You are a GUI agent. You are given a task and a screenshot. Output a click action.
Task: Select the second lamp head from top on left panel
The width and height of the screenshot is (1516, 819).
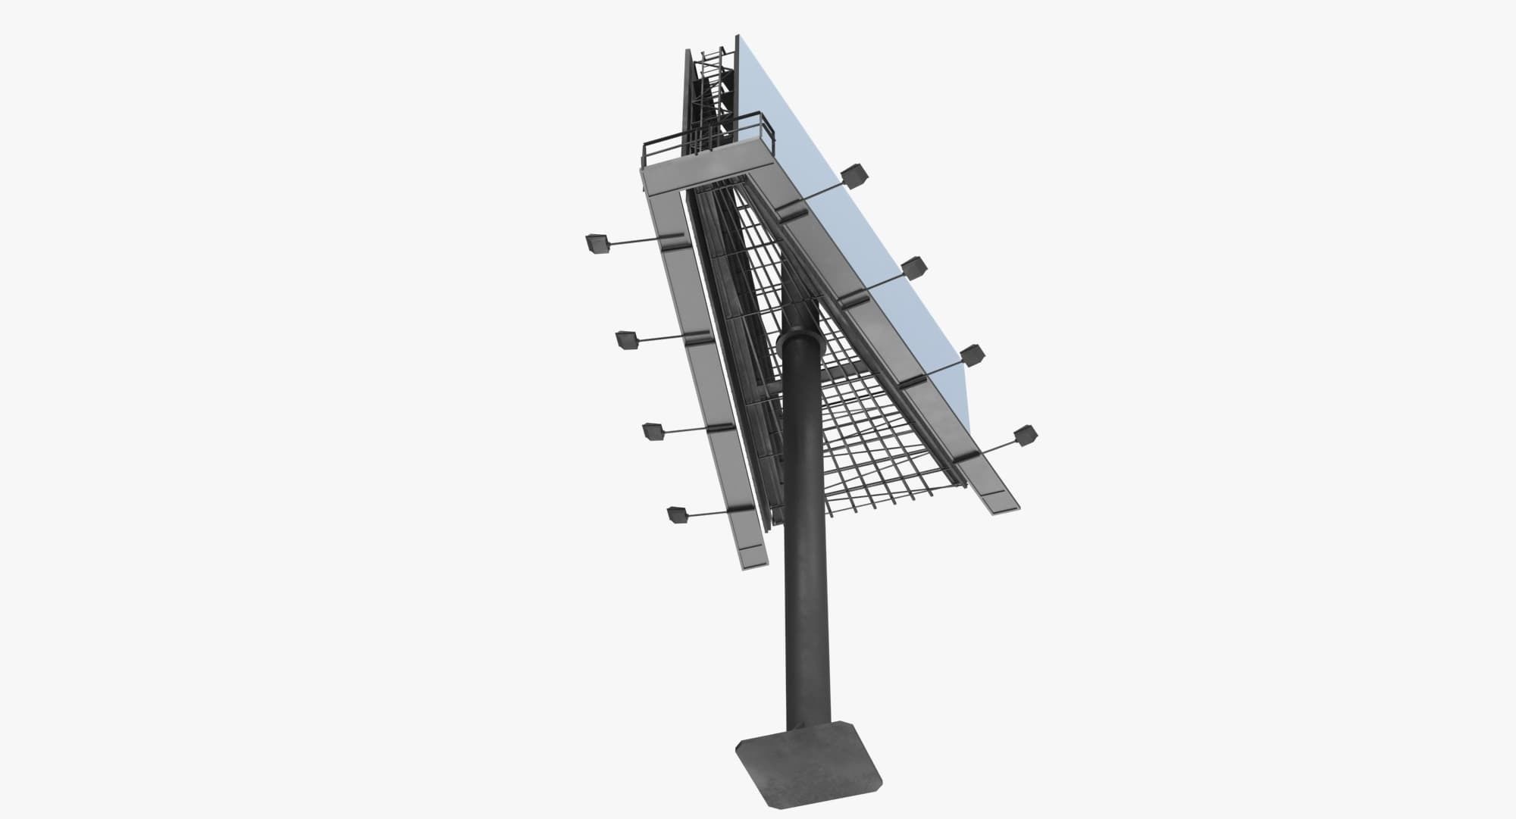tap(626, 340)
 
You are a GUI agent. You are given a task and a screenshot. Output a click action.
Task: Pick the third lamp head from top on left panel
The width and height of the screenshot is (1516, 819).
tap(653, 431)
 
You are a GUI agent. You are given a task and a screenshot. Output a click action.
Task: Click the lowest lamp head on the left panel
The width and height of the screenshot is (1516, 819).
tap(676, 515)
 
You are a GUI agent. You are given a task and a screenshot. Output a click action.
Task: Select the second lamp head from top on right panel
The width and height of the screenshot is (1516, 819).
tap(914, 267)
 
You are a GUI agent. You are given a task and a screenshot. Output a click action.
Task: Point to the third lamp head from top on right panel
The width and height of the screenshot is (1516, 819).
tap(972, 355)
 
